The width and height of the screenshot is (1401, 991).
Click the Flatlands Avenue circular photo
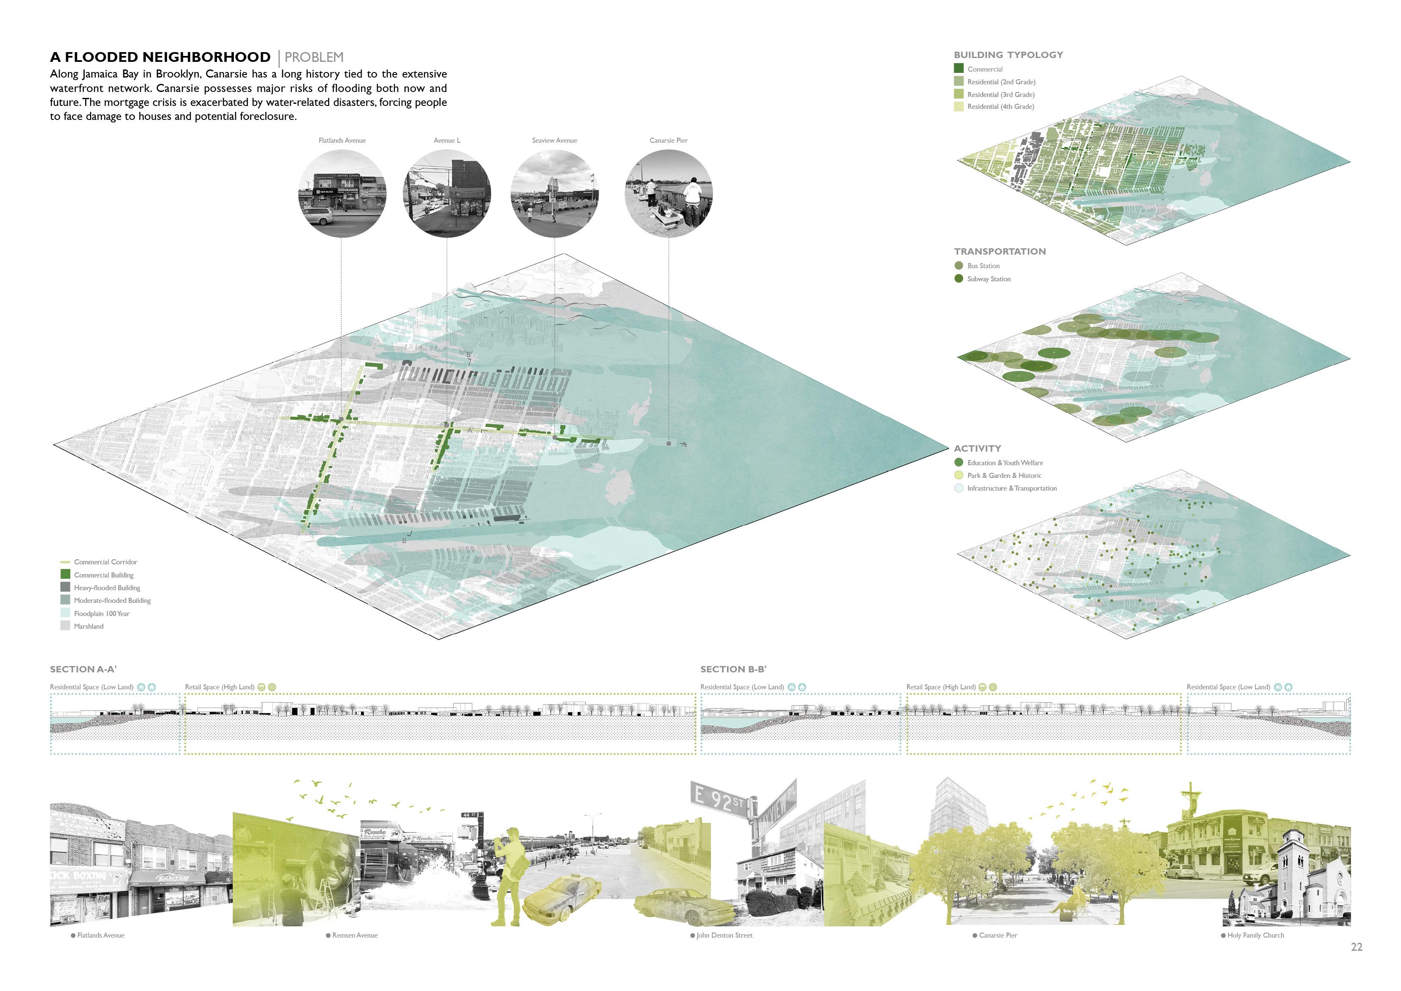pos(342,194)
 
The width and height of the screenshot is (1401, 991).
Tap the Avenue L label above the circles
pos(447,140)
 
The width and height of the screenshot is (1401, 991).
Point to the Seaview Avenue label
pos(554,140)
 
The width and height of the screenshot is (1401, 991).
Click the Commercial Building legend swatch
pos(65,574)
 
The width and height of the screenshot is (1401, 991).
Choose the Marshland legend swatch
pos(65,625)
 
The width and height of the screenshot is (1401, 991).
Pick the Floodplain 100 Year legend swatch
pos(65,613)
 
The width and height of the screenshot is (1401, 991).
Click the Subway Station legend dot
pos(959,279)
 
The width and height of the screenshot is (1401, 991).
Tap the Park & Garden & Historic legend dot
pos(959,475)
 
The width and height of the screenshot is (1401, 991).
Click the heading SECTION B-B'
pos(733,669)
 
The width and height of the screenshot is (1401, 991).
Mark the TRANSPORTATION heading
pos(999,251)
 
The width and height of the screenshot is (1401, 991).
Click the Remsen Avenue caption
pos(355,935)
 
